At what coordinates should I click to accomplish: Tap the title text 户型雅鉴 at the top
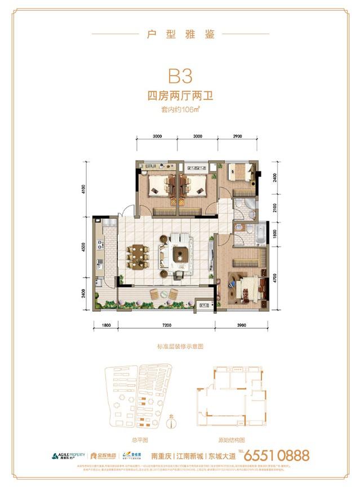[180, 34]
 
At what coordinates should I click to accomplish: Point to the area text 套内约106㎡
[180, 110]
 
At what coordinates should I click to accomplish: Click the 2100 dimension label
[275, 210]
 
